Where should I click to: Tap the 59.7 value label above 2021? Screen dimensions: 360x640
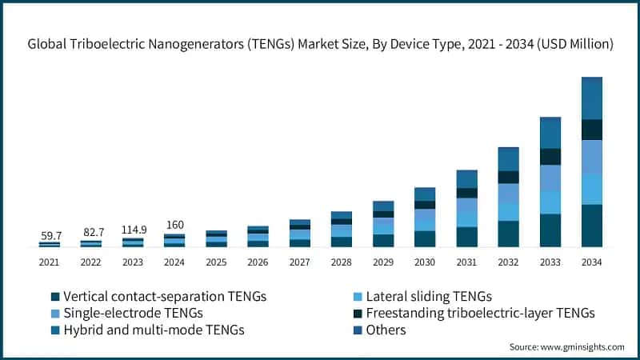pos(50,235)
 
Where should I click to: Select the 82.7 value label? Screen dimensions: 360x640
pos(93,232)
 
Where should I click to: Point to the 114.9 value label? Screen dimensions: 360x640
pos(134,230)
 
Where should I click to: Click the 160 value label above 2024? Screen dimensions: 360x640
pos(175,225)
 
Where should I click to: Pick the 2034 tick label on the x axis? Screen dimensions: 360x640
pos(591,262)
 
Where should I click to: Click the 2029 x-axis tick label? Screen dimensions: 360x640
pos(383,262)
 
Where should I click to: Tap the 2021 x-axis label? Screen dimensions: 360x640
pos(50,262)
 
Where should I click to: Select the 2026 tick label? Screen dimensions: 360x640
pos(258,262)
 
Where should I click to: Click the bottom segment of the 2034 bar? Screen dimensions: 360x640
pos(591,226)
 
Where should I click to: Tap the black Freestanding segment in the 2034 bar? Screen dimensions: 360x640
pos(591,130)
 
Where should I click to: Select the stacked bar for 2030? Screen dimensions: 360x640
pos(425,218)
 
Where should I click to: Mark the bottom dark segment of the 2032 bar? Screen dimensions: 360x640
pos(508,234)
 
